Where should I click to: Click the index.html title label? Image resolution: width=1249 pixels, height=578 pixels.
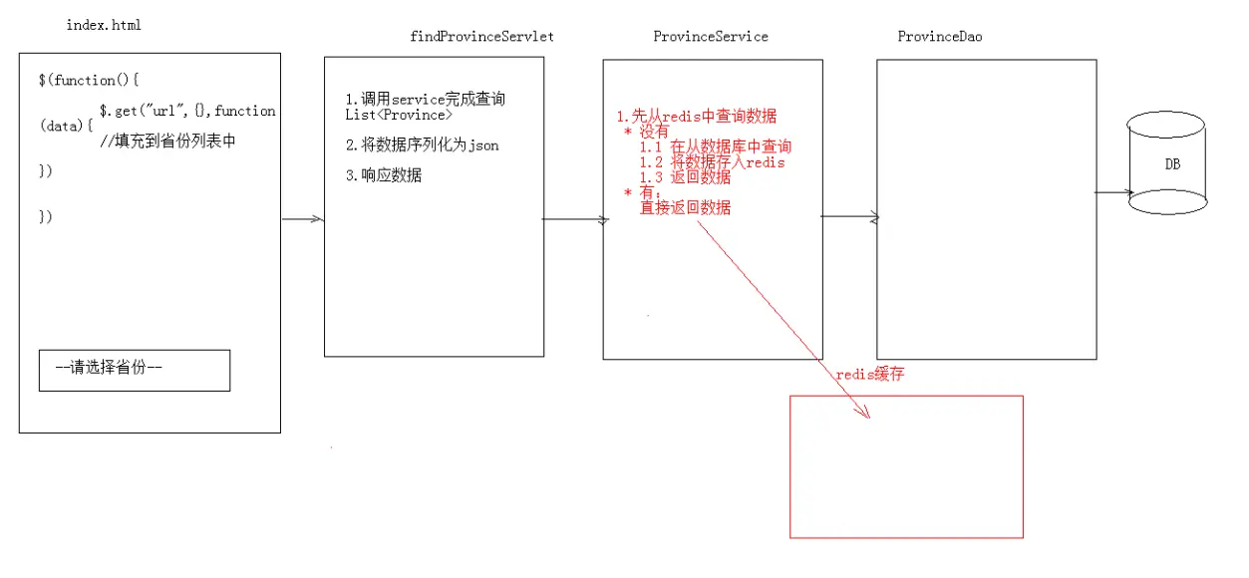104,25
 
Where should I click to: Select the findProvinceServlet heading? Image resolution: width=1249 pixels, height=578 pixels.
481,37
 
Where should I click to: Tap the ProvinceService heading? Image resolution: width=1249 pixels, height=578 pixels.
711,37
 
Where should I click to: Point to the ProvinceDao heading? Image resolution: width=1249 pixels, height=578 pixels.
941,37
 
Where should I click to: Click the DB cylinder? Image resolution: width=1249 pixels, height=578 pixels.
1167,164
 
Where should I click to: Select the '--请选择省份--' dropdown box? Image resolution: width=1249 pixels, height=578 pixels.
135,370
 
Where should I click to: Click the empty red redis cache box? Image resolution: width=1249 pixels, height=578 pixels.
906,466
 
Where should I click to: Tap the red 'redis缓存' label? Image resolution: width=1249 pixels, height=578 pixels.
870,375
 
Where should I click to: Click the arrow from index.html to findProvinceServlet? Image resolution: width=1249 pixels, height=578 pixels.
302,219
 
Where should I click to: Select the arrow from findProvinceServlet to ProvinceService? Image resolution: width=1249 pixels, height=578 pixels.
573,220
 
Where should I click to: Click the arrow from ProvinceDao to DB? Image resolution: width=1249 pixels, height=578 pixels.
1112,192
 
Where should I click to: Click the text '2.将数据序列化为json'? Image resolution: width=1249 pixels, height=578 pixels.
422,145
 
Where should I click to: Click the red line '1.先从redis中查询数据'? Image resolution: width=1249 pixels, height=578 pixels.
697,117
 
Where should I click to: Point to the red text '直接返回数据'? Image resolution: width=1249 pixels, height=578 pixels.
685,207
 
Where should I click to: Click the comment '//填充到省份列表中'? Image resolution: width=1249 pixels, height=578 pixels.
167,141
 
